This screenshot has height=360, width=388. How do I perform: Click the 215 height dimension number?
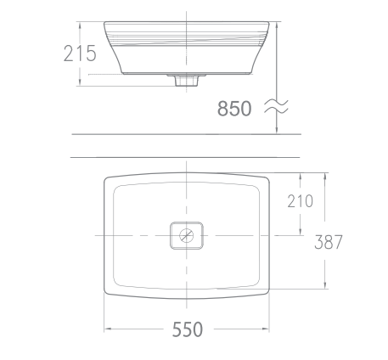79,53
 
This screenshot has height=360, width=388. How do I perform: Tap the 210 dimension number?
301,201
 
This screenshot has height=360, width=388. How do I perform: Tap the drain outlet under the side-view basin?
185,82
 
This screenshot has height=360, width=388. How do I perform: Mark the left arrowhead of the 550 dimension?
106,328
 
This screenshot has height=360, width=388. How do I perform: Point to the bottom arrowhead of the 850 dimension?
277,132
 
